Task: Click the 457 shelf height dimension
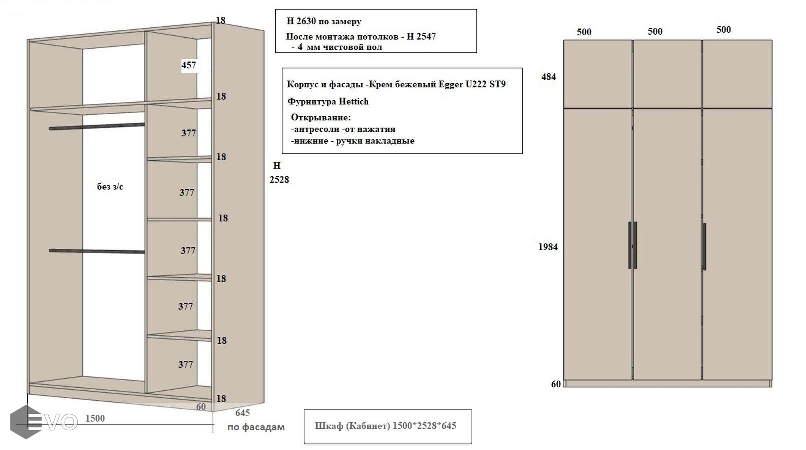(x=189, y=65)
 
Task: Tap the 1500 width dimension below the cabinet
(x=95, y=418)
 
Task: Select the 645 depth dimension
(x=242, y=413)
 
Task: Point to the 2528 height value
(x=279, y=180)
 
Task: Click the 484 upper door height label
(x=549, y=77)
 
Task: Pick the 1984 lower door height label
(x=548, y=247)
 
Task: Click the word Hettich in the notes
(x=354, y=102)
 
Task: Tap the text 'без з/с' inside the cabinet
(x=110, y=187)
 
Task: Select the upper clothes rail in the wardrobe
(x=97, y=126)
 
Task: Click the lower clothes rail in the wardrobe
(x=97, y=251)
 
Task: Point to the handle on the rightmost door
(x=704, y=247)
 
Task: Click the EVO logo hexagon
(x=25, y=422)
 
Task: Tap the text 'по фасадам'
(x=256, y=427)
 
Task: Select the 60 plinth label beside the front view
(x=556, y=384)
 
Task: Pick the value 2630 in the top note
(x=306, y=21)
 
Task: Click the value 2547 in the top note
(x=426, y=36)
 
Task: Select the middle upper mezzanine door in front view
(x=667, y=74)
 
